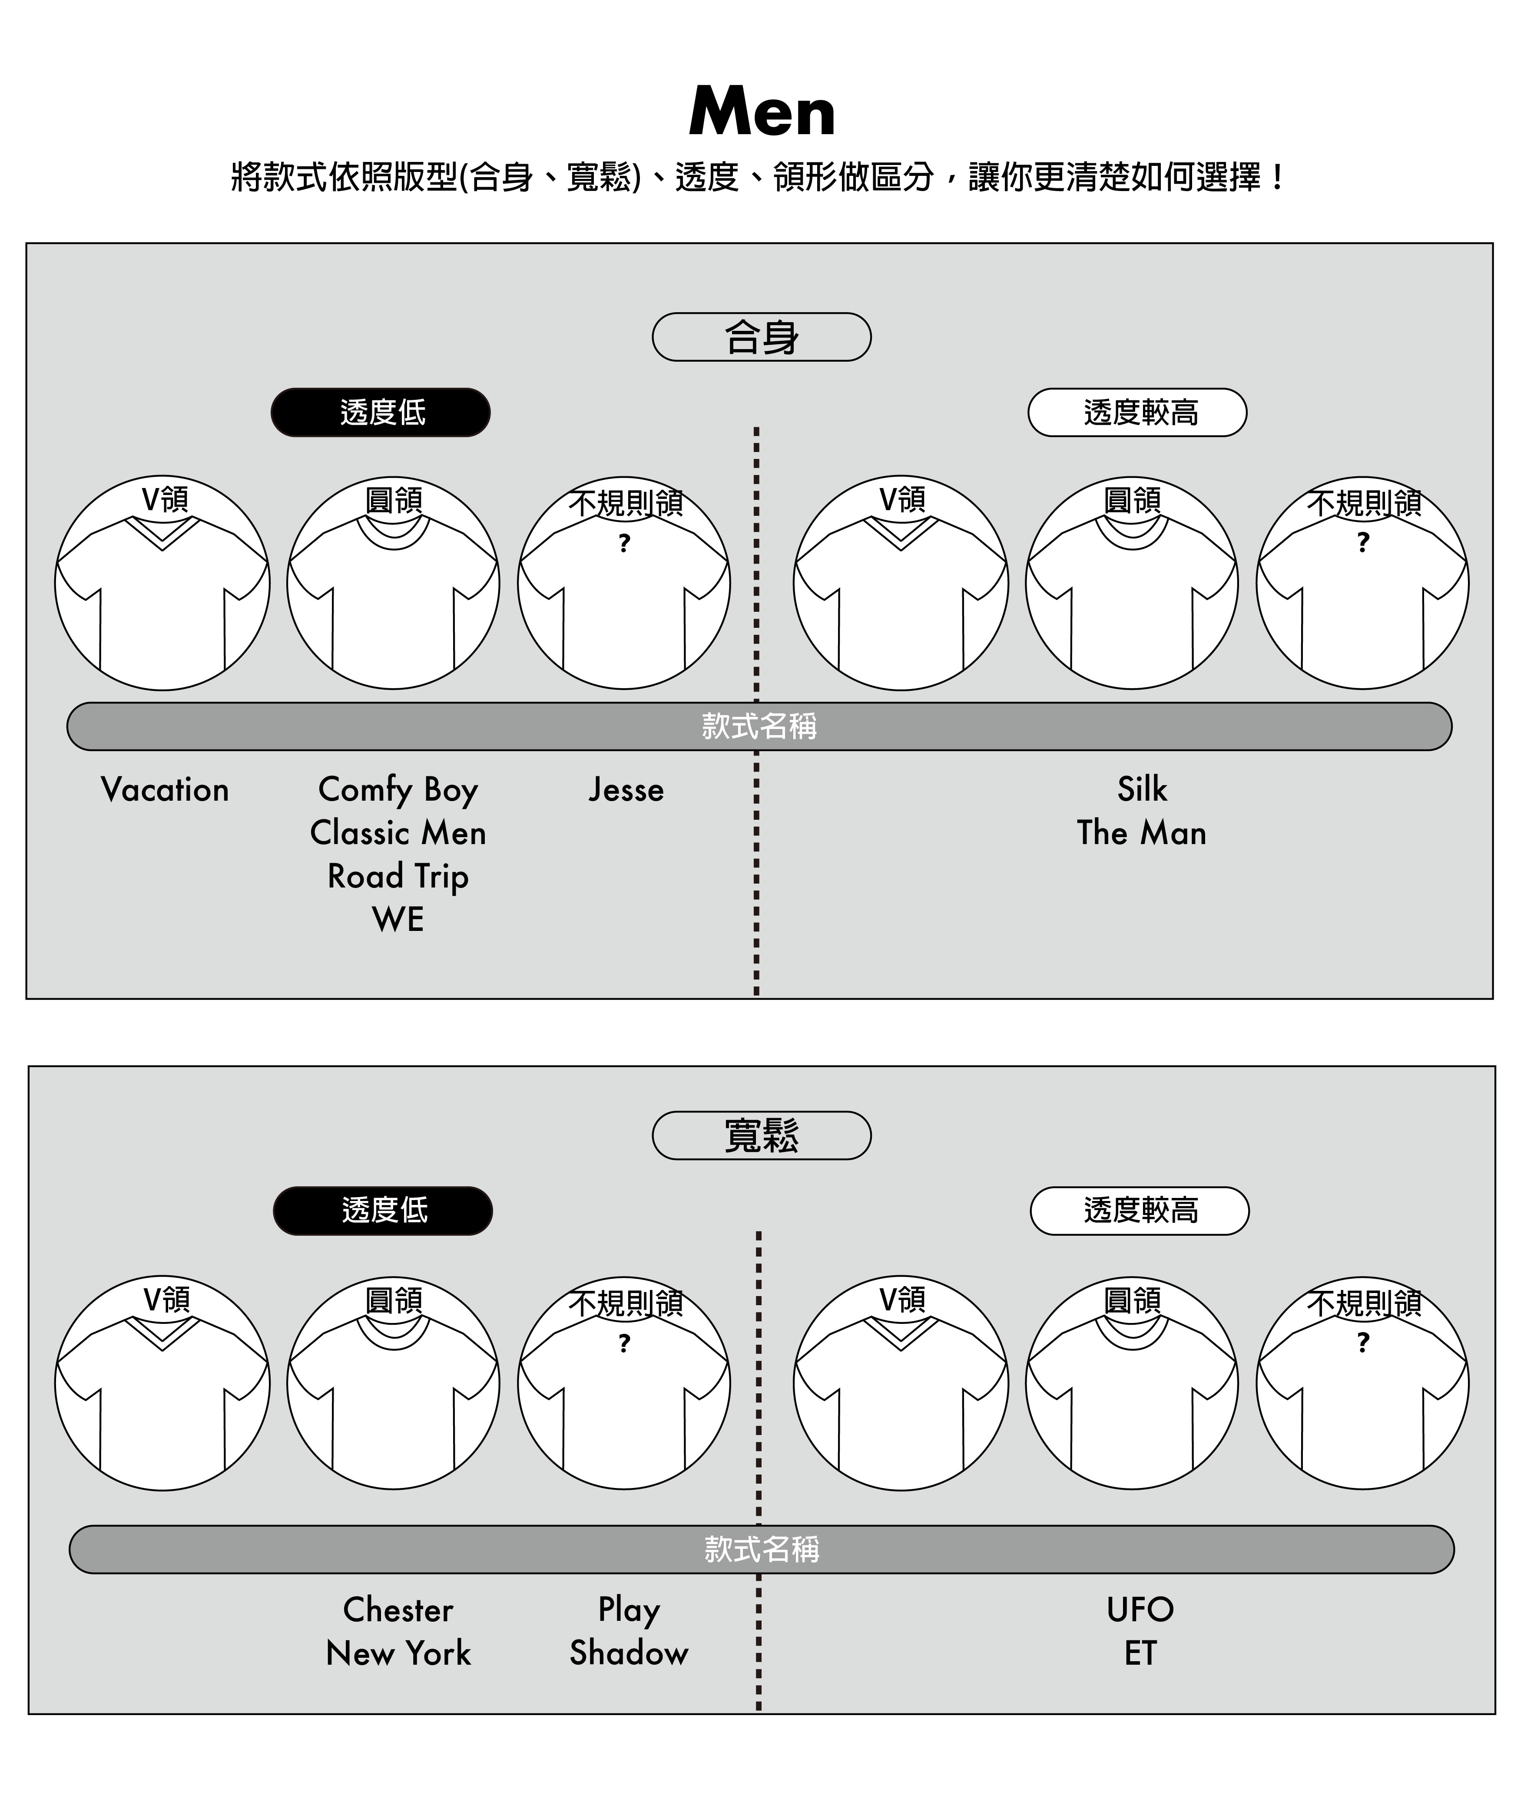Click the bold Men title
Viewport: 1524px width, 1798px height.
coord(762,112)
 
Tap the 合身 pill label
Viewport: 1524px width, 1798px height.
coord(761,337)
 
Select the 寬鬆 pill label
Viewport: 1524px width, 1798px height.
coord(761,1135)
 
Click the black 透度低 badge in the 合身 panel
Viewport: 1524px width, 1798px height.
coord(381,412)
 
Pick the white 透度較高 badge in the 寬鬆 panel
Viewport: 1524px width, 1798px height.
coord(1140,1211)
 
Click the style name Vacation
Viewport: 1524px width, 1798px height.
coord(165,789)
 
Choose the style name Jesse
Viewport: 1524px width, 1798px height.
coord(626,789)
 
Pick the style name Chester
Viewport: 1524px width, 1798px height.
coord(398,1610)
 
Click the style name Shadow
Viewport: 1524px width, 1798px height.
coord(629,1653)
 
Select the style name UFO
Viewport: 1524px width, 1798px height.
coord(1140,1610)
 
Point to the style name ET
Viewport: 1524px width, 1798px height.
coord(1140,1653)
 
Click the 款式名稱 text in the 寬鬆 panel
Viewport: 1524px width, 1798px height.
coord(761,1549)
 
